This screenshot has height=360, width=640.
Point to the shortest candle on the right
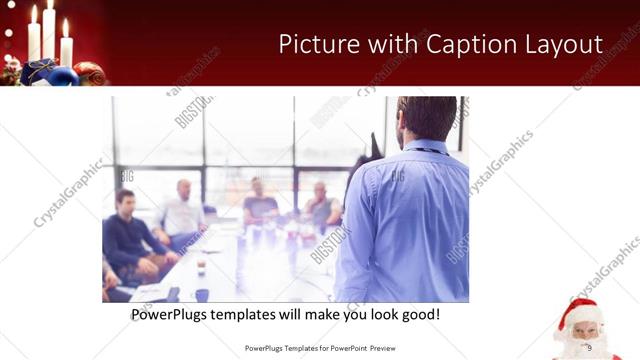coord(66,50)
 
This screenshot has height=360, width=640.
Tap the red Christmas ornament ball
coord(89,74)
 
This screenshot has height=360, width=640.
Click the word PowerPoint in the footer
coord(346,348)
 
